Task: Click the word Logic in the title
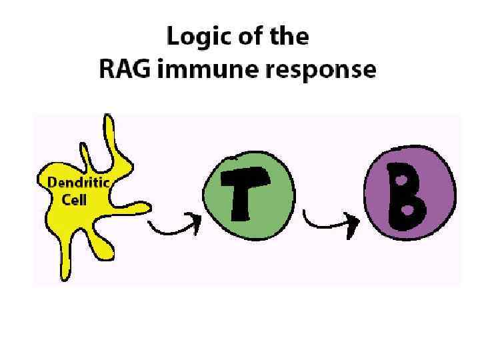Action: tap(193, 37)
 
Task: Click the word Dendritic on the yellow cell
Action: tap(78, 181)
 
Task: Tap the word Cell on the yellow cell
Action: tap(75, 199)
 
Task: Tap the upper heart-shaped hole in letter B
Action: tap(402, 181)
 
